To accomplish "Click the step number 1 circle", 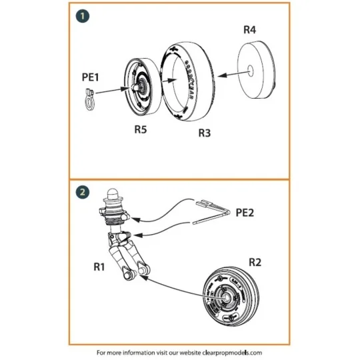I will click(81, 15).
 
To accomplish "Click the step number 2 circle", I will click(81, 191).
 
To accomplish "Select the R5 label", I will click(140, 129).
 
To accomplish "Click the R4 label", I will click(247, 30).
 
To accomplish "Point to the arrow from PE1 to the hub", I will click(111, 89).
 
